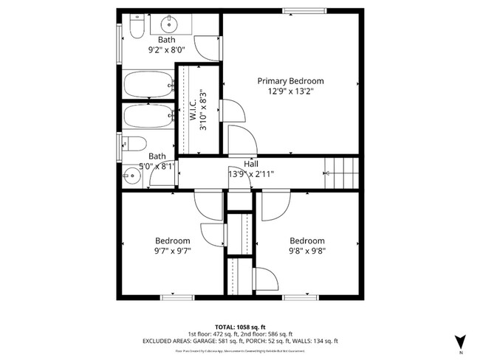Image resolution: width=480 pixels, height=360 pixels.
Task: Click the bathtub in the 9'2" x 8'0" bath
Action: point(148,84)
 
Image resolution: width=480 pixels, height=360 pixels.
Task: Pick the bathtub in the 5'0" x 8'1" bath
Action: point(148,117)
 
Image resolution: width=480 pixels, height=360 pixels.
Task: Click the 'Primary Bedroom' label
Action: point(290,81)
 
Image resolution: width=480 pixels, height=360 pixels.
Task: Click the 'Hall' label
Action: point(250,165)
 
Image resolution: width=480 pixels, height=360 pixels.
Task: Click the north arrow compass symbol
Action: point(461,340)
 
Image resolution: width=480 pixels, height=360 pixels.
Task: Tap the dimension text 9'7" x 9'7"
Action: point(172,251)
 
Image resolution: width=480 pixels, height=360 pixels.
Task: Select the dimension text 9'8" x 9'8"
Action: point(306,251)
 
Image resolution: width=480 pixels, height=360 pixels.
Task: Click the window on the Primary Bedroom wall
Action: point(304,10)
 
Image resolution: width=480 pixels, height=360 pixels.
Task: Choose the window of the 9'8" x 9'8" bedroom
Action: point(300,297)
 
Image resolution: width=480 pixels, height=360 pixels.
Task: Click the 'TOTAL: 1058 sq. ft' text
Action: point(240,325)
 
